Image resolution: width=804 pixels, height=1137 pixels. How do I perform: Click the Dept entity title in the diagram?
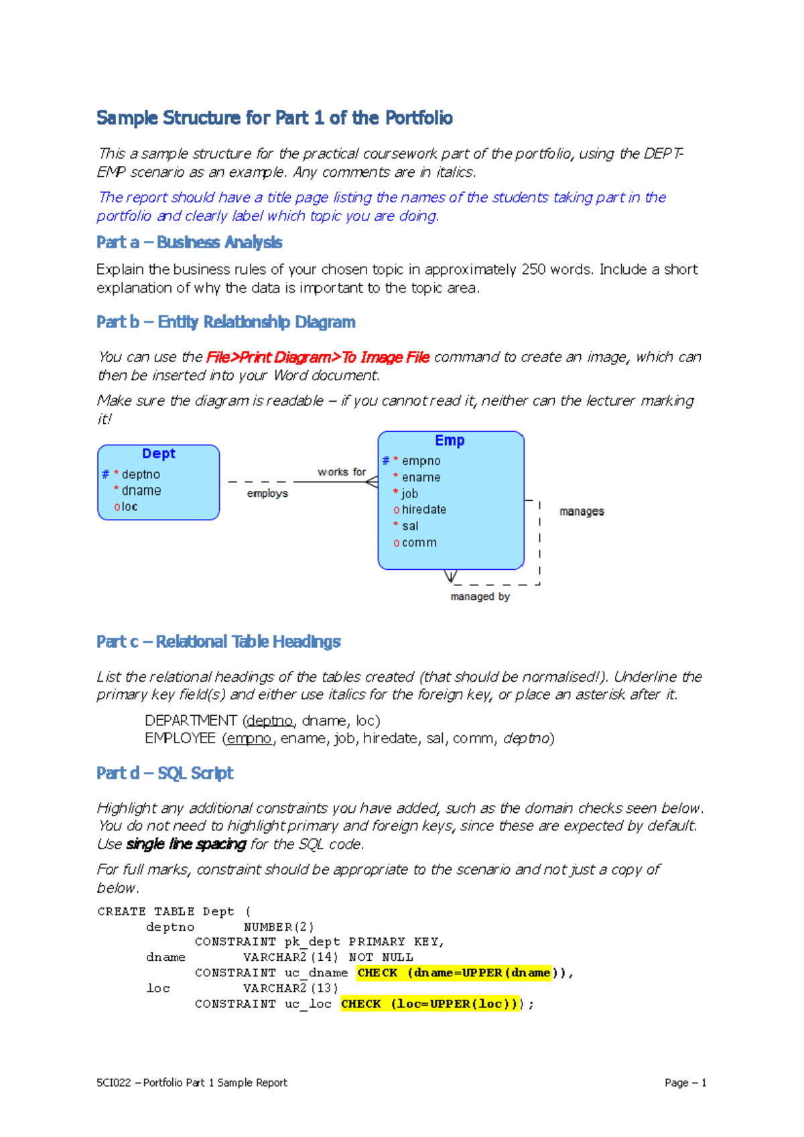[x=159, y=453]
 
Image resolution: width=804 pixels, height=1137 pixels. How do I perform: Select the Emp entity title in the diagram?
[x=450, y=441]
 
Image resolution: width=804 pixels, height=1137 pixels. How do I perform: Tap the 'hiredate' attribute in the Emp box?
[x=423, y=510]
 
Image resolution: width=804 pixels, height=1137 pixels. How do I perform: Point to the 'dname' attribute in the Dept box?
[x=141, y=490]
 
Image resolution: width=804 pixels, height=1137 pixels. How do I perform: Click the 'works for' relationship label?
[x=342, y=472]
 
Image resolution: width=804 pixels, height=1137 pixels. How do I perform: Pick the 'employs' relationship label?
[x=267, y=494]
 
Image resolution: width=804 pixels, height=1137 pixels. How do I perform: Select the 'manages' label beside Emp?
[x=582, y=512]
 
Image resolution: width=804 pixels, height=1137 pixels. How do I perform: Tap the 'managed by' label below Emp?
[x=480, y=597]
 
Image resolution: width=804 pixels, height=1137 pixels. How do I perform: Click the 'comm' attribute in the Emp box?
[x=419, y=542]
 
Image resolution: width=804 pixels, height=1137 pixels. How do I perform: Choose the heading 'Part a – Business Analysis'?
[x=189, y=242]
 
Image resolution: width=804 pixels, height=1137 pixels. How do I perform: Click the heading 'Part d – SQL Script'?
[x=165, y=773]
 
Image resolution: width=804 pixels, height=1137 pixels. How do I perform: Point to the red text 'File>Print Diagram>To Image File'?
[x=318, y=358]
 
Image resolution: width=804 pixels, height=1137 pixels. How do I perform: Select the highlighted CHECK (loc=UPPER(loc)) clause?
[x=429, y=1004]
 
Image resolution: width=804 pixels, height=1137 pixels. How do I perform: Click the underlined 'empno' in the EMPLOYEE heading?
[x=249, y=739]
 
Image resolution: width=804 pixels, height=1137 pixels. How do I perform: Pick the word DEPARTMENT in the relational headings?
[x=191, y=721]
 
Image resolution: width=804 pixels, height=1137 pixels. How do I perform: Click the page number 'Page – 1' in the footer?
[x=685, y=1083]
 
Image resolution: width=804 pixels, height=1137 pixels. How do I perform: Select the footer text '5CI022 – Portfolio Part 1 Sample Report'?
[x=192, y=1083]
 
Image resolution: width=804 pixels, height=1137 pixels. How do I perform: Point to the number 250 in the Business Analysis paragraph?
[x=533, y=269]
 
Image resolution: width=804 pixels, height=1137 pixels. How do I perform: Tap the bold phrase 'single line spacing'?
[x=186, y=844]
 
